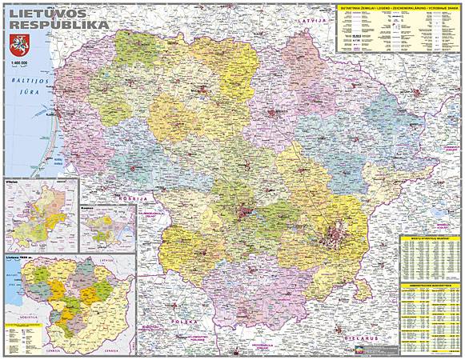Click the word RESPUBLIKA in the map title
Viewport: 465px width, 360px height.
click(x=60, y=28)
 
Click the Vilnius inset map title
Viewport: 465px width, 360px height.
click(x=12, y=182)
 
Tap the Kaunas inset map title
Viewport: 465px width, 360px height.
click(x=87, y=209)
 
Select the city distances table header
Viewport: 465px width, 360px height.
click(x=430, y=238)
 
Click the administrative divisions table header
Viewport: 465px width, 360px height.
click(x=430, y=285)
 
